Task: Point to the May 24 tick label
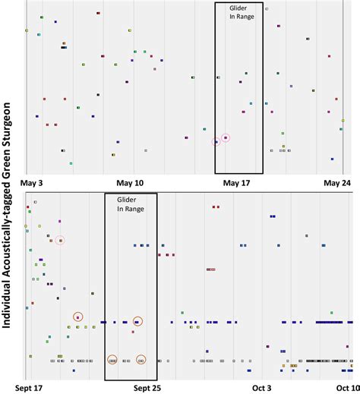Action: (x=336, y=183)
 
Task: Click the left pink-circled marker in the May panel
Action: (x=216, y=142)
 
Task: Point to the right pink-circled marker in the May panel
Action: (x=226, y=137)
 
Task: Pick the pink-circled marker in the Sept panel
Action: (x=60, y=241)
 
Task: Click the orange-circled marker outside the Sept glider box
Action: (x=77, y=317)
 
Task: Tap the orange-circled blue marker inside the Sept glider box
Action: (x=137, y=322)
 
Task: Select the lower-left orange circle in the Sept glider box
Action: (x=112, y=360)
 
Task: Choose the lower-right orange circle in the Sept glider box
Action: (x=141, y=360)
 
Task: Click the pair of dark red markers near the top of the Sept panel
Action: (x=216, y=206)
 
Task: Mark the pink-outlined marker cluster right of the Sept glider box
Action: (x=212, y=269)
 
